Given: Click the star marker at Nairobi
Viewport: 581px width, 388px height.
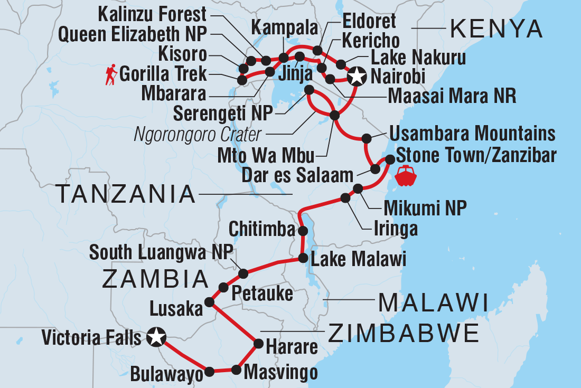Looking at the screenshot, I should [357, 77].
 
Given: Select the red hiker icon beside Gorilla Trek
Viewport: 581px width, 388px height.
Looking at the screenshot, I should [111, 75].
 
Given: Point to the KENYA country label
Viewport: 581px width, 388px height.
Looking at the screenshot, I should [496, 30].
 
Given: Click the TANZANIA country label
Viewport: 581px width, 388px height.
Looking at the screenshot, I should [126, 195].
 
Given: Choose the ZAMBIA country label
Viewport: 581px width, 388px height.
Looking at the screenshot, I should [155, 279].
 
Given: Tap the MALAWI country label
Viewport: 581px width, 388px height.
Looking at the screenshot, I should [433, 304].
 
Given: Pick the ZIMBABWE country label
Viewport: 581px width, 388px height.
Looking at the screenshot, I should [404, 334].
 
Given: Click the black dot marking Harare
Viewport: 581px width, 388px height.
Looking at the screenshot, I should [258, 344].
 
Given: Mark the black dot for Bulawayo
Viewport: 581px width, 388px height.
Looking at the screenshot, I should [209, 372].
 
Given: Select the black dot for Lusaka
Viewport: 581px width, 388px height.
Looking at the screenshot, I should [209, 302].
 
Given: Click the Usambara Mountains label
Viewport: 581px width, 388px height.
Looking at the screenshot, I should [472, 134].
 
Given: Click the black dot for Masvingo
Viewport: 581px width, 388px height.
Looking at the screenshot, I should [236, 370].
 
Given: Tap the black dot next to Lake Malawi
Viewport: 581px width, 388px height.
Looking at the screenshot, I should [303, 258].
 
